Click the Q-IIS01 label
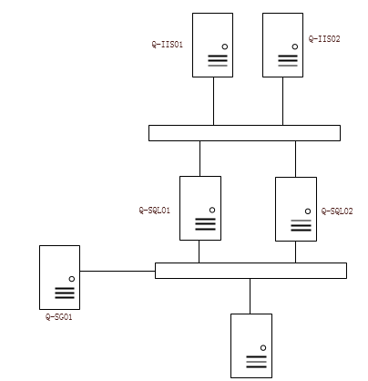[168, 45]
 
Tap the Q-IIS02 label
[324, 39]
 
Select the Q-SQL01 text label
[155, 211]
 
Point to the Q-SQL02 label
[337, 211]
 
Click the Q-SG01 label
[59, 317]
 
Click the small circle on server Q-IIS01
[225, 46]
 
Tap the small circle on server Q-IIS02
[295, 46]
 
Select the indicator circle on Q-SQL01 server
[212, 210]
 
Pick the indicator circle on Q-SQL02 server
[308, 211]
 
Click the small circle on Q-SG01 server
[72, 279]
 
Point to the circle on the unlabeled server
[263, 348]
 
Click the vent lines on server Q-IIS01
[218, 60]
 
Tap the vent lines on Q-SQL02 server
[301, 225]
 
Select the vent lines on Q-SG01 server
[65, 293]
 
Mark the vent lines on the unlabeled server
[256, 362]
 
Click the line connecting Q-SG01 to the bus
[118, 271]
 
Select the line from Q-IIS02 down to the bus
[282, 101]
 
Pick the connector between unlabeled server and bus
[250, 296]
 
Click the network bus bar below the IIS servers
[244, 133]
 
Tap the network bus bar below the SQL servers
[250, 271]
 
